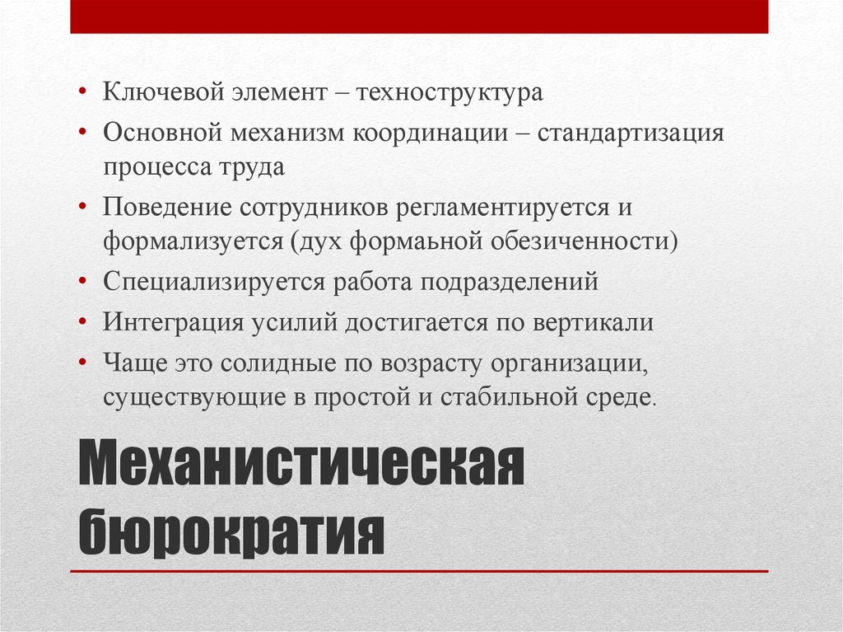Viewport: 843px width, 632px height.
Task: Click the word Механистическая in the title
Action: click(x=301, y=462)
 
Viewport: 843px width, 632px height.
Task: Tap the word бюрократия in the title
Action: click(x=231, y=531)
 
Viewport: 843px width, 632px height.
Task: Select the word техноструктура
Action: click(x=449, y=92)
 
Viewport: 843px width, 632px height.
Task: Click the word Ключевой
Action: click(x=163, y=92)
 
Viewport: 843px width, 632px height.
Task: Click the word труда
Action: click(x=252, y=168)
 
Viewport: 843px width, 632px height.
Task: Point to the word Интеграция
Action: click(x=173, y=323)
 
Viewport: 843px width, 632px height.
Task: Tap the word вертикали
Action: click(x=594, y=323)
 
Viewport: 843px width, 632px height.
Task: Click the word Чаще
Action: click(x=136, y=363)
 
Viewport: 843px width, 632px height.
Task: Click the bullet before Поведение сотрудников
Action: click(x=82, y=207)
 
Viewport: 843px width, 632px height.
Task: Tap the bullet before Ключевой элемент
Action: click(x=82, y=91)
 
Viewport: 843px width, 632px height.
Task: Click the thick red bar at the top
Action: click(x=419, y=16)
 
